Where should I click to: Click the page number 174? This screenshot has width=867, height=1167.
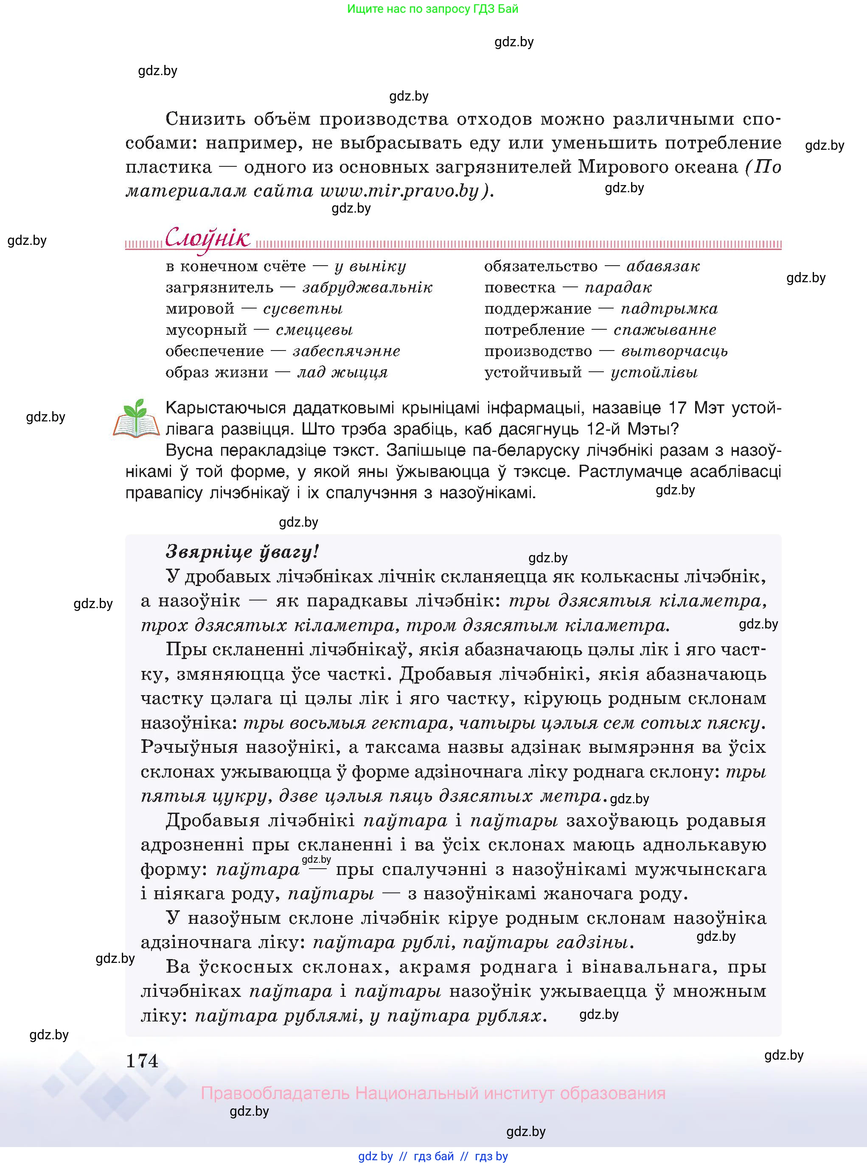142,1060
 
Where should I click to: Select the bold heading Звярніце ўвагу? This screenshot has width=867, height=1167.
242,552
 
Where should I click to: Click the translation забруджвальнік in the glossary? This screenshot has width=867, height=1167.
368,288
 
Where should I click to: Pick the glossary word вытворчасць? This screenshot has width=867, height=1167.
674,351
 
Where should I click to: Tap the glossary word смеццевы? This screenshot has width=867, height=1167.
314,330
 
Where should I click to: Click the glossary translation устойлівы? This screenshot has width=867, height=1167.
654,373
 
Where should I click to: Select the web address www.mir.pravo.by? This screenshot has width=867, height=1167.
399,191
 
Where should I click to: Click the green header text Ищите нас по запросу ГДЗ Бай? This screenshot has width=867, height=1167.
432,9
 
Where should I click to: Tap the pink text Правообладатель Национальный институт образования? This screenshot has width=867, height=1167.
433,1093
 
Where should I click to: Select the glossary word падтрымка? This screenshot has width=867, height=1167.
669,309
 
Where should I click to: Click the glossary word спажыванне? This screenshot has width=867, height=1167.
665,330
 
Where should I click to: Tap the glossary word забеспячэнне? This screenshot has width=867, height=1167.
346,351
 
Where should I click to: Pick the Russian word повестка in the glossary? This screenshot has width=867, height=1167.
519,288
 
